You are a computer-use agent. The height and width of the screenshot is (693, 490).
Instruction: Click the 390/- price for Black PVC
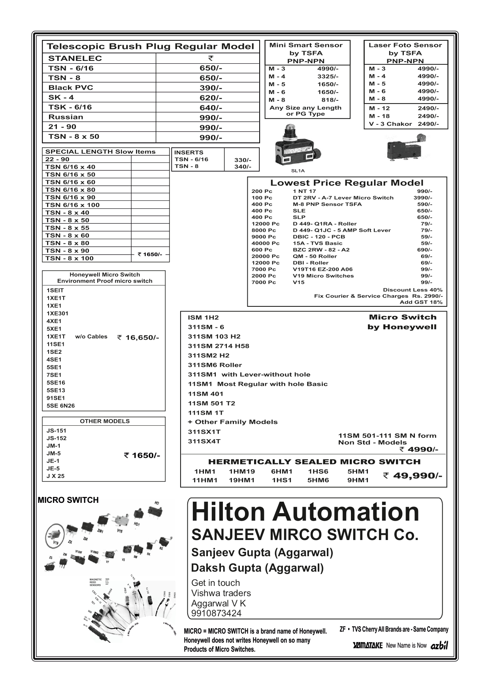(211, 88)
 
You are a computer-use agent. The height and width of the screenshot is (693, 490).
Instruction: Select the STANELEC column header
(75, 59)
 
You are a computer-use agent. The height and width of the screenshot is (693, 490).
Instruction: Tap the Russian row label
(66, 117)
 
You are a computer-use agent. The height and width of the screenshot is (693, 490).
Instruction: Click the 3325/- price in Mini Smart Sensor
(328, 76)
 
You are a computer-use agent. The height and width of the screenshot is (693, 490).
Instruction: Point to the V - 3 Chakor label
(390, 124)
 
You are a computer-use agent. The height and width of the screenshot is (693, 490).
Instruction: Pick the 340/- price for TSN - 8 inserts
(243, 166)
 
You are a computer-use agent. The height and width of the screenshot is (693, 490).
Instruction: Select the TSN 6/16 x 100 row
(72, 205)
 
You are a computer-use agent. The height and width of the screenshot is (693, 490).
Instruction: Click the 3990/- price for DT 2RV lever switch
(422, 198)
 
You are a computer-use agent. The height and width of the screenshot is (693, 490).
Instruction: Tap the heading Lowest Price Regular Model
(347, 183)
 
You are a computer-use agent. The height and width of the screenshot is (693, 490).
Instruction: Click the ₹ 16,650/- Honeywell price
(138, 337)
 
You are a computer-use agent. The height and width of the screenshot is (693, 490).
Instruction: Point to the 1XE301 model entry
(57, 313)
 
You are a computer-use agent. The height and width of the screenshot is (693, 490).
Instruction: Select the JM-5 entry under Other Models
(54, 453)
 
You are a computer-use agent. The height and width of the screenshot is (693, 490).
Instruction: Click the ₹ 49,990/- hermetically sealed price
(412, 476)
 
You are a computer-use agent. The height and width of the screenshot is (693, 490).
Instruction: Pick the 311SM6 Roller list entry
(215, 365)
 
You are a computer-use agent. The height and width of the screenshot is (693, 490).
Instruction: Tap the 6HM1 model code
(282, 471)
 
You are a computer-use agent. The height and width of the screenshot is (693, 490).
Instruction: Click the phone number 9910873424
(216, 613)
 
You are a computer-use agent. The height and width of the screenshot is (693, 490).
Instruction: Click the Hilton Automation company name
(305, 512)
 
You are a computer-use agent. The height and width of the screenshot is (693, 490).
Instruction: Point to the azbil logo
(439, 646)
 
